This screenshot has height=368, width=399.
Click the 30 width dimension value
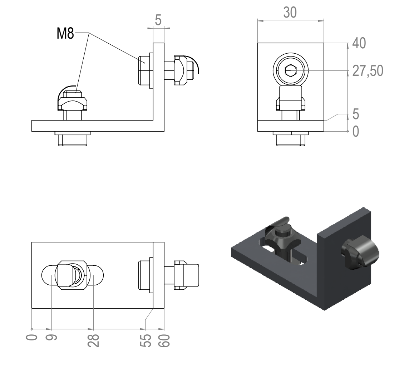(x=290, y=12)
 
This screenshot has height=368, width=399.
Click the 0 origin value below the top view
(x=32, y=338)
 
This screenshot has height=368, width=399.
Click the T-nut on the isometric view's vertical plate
(x=361, y=254)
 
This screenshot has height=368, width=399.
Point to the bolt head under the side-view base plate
(x=73, y=139)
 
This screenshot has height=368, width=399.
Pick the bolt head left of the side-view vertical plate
(x=144, y=70)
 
